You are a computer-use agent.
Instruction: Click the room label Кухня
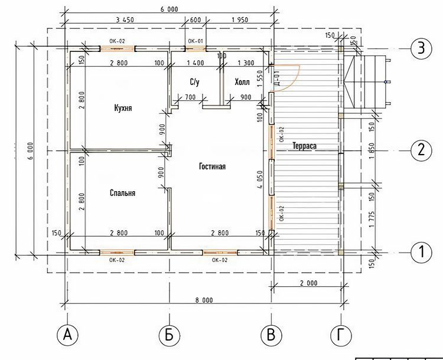(x=123, y=108)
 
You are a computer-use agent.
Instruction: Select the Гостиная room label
(x=213, y=166)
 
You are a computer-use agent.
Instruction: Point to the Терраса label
(x=304, y=146)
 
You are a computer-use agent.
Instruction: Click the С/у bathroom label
(x=194, y=82)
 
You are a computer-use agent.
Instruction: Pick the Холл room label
(x=242, y=82)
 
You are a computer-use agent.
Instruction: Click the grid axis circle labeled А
(x=67, y=335)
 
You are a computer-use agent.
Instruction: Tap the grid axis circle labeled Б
(x=170, y=335)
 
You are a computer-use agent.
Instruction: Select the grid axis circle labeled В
(x=271, y=335)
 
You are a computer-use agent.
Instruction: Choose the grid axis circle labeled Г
(x=341, y=335)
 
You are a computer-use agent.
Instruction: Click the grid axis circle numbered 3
(x=421, y=48)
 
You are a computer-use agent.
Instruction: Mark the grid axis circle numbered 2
(x=421, y=150)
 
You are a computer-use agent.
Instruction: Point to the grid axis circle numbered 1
(x=421, y=251)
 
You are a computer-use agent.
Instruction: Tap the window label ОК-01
(x=196, y=41)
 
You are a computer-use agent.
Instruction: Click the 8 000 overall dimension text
(x=204, y=300)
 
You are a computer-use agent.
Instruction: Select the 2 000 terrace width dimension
(x=308, y=283)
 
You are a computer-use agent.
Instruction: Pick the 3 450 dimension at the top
(x=125, y=19)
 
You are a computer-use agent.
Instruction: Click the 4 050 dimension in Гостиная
(x=260, y=179)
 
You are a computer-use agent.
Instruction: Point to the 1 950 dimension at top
(x=240, y=19)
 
